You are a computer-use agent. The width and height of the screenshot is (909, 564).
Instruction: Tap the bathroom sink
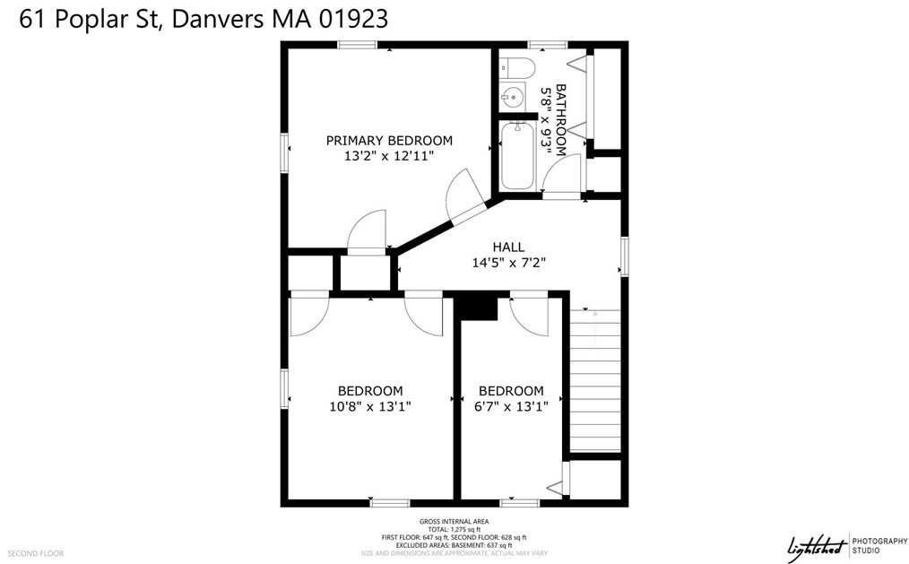tap(513, 97)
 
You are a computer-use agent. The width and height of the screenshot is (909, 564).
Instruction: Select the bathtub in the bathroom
tap(517, 156)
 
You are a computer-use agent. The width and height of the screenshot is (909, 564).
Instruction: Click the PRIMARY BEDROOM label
tap(389, 140)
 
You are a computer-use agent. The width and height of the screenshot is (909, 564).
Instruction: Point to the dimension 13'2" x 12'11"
tap(389, 156)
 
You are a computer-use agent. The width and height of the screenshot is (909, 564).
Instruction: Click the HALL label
tap(508, 247)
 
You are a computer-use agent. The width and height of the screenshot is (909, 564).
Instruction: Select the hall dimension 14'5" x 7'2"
tap(509, 263)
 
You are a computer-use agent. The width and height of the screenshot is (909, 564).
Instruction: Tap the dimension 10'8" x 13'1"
tap(370, 406)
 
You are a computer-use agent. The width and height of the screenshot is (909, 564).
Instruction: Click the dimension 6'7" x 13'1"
tap(511, 406)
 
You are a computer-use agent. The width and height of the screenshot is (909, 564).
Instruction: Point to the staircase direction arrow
tap(595, 329)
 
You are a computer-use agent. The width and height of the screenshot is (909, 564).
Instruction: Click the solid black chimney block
tap(478, 308)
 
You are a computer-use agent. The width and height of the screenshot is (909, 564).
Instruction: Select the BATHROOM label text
tap(560, 120)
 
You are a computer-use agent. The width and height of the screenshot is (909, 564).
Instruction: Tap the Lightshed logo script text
tap(817, 546)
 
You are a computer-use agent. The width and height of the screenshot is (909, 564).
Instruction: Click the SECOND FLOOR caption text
tap(36, 553)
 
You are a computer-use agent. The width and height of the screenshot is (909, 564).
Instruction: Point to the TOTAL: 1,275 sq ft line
tap(454, 529)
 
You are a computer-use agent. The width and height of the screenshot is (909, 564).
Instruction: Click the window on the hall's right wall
tap(624, 256)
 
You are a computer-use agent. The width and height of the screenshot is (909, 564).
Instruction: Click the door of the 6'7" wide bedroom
tap(528, 317)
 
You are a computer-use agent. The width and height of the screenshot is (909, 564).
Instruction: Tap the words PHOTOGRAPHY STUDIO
tap(879, 545)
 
